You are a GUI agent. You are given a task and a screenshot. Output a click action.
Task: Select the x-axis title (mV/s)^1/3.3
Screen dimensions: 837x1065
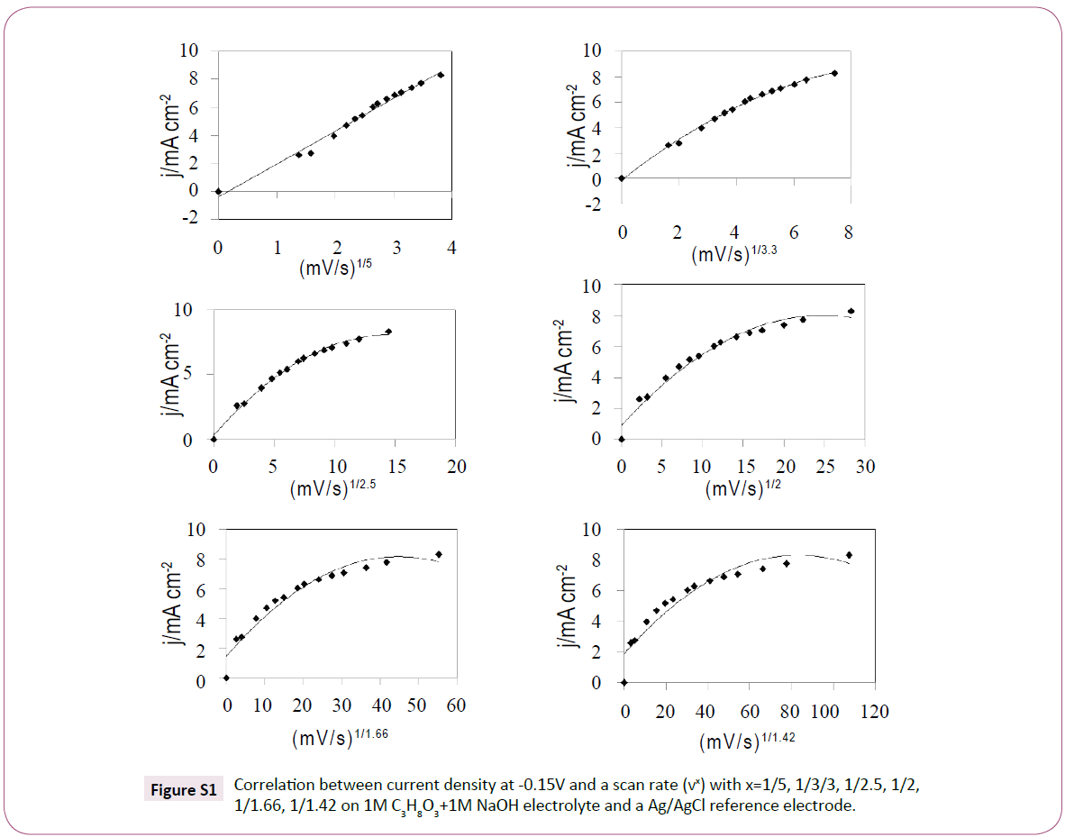(x=733, y=255)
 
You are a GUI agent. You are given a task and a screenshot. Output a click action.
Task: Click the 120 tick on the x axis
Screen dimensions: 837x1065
(x=874, y=712)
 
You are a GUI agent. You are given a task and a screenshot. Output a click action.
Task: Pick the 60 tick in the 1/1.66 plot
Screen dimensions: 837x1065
(x=455, y=705)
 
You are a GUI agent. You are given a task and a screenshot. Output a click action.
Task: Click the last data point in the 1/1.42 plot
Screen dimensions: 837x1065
(x=848, y=555)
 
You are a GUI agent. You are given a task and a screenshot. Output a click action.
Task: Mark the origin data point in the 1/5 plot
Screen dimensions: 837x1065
(x=218, y=191)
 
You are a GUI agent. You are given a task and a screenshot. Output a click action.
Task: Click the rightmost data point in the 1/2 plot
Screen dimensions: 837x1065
(x=851, y=311)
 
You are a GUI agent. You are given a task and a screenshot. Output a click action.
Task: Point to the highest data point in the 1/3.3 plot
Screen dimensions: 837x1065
(x=834, y=73)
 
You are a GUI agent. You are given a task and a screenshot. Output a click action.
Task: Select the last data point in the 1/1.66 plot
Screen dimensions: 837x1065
(x=439, y=554)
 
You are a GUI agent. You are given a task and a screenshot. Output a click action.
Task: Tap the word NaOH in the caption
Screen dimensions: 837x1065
(x=553, y=806)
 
